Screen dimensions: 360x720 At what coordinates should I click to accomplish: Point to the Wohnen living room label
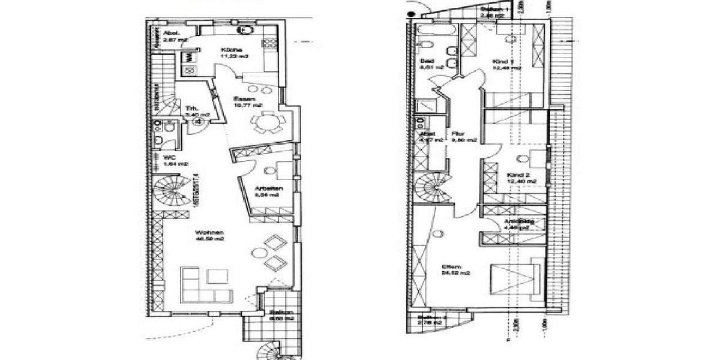[208, 233]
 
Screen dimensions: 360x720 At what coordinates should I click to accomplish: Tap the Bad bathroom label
[427, 62]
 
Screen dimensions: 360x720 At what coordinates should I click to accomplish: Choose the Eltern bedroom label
[451, 267]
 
